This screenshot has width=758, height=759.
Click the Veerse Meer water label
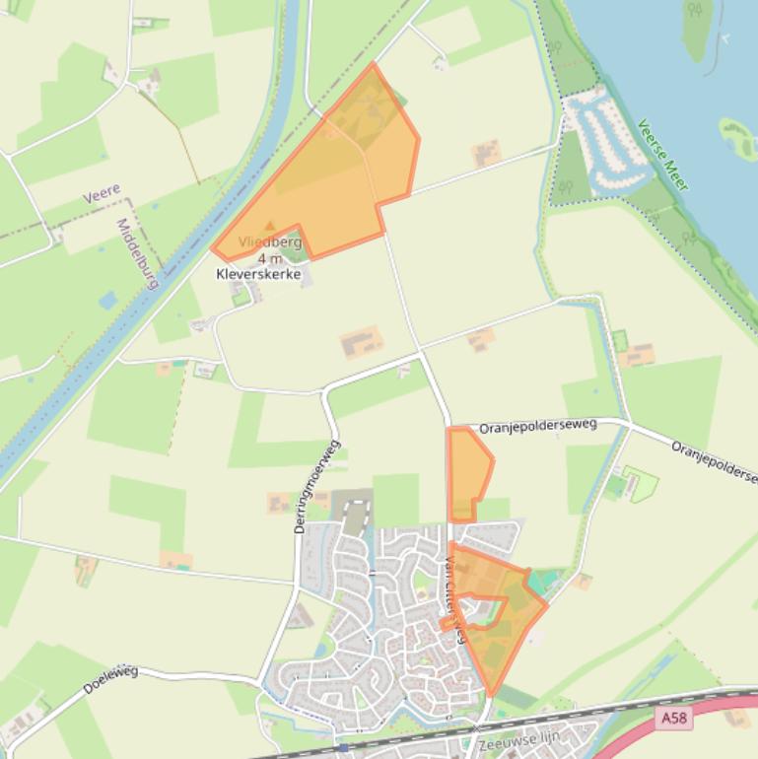[662, 155]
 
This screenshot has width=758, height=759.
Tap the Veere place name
[102, 193]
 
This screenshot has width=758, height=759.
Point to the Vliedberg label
[269, 241]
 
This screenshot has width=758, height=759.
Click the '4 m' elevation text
[269, 258]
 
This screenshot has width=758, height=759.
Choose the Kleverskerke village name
[258, 274]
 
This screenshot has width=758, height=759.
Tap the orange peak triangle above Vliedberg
[270, 227]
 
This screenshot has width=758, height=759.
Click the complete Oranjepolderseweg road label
[538, 426]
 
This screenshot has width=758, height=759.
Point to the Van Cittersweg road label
[455, 599]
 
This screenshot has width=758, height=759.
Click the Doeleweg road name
[110, 679]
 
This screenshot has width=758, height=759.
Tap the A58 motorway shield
[674, 719]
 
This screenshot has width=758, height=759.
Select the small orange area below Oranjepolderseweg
[467, 471]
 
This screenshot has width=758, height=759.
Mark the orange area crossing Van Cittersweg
[498, 616]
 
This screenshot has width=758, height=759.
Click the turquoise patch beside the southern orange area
[538, 582]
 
